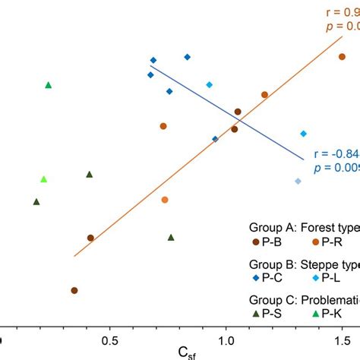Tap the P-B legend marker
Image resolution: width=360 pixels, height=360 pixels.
point(256,241)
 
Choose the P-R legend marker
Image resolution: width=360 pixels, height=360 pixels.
point(315,241)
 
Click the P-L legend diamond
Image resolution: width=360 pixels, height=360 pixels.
point(315,277)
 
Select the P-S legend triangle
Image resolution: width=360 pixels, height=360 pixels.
point(256,313)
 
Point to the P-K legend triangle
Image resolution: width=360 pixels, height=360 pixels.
point(315,313)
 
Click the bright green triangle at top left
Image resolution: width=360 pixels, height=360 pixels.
point(49,85)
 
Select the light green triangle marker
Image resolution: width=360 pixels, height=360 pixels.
point(44,179)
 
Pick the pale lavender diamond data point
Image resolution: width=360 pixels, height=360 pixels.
point(298,182)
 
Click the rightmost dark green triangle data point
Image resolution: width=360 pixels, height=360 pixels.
point(171,237)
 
